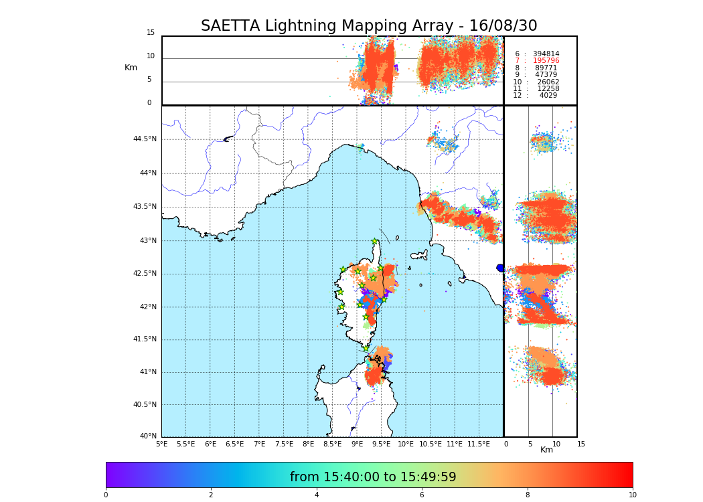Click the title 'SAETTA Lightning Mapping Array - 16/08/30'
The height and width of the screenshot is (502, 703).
pos(369,26)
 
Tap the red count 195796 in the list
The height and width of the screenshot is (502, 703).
pos(546,61)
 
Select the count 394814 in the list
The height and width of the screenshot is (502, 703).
pos(546,54)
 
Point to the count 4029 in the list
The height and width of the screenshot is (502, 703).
pos(548,96)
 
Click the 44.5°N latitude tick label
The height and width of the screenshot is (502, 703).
pos(144,139)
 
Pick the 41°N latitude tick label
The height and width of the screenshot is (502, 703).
pos(147,372)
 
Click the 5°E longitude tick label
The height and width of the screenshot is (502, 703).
pos(162,444)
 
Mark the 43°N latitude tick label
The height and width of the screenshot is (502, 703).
pos(147,241)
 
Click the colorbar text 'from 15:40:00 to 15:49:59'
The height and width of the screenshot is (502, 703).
pos(373,477)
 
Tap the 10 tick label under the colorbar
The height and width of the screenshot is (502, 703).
pos(632,495)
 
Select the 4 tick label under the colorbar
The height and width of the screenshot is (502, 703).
pos(317,495)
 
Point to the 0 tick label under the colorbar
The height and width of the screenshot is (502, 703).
pos(106,495)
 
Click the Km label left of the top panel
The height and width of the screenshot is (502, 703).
pos(131,68)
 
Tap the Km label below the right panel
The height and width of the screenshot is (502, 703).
pos(546,450)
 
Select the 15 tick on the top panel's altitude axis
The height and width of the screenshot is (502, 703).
pos(151,33)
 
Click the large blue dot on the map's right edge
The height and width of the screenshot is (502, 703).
pos(500,268)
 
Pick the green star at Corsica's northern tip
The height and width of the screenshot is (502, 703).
pos(375,242)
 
